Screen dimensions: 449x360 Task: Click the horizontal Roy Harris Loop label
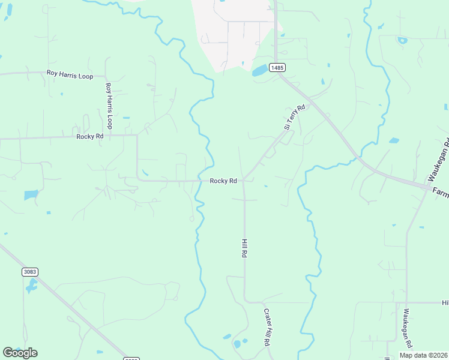[70, 75]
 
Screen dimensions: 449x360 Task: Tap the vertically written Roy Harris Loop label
[109, 106]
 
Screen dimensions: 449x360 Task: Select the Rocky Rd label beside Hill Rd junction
[223, 181]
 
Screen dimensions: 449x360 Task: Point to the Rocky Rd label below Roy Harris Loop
[90, 137]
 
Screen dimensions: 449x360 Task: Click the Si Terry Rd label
[295, 117]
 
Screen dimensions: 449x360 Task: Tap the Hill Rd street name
[244, 248]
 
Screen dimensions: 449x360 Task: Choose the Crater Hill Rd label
[266, 327]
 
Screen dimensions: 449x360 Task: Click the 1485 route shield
[277, 68]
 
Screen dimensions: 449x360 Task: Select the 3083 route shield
[30, 272]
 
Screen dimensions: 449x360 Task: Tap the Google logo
[20, 353]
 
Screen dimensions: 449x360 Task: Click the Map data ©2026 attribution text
[423, 355]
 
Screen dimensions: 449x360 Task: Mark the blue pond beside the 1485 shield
[260, 71]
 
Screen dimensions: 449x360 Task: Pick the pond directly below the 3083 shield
[31, 286]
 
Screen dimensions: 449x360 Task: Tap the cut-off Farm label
[441, 193]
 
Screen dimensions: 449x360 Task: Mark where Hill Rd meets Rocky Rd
[244, 181]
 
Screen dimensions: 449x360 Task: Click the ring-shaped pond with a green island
[402, 41]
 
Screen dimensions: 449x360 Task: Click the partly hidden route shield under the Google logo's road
[131, 359]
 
